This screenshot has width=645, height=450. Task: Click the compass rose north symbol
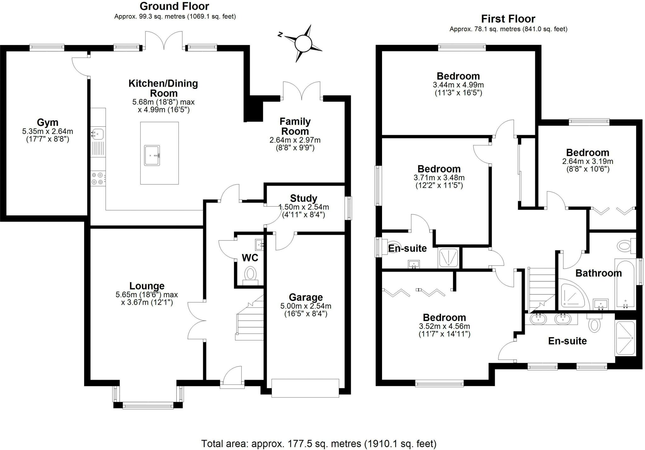point(303,43)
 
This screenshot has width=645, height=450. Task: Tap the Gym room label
point(48,122)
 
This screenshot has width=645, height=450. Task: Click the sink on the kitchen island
point(152,155)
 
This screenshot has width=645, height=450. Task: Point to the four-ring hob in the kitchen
point(97,178)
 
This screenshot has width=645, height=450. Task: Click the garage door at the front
point(305,388)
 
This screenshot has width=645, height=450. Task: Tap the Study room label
point(303,198)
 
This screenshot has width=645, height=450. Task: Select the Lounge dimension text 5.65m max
point(146,295)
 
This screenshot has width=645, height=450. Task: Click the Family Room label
point(295,126)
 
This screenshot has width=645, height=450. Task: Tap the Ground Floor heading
point(174,6)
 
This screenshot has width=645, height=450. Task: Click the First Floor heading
point(508,19)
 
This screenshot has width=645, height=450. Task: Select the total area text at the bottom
point(319,443)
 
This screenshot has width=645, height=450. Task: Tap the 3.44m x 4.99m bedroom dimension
point(458,85)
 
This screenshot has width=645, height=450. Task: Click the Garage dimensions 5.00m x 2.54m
point(305,306)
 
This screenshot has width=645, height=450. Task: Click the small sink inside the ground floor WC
point(260,244)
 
